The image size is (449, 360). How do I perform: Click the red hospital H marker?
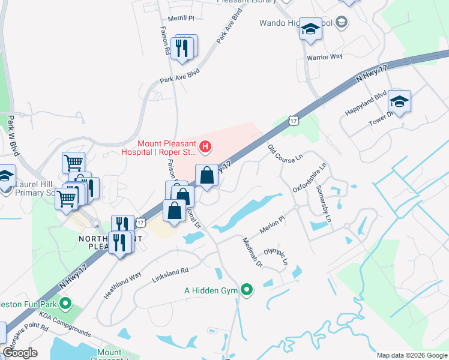[x=205, y=146]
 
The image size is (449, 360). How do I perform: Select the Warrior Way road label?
[x=324, y=56]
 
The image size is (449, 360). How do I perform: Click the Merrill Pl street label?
[x=182, y=18]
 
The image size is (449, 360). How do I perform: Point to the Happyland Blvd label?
[x=365, y=104]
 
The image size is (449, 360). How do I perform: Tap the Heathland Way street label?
[x=125, y=283]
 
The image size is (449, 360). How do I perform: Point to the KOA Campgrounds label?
[x=65, y=323]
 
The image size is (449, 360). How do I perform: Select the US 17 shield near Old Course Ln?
[x=292, y=121]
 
